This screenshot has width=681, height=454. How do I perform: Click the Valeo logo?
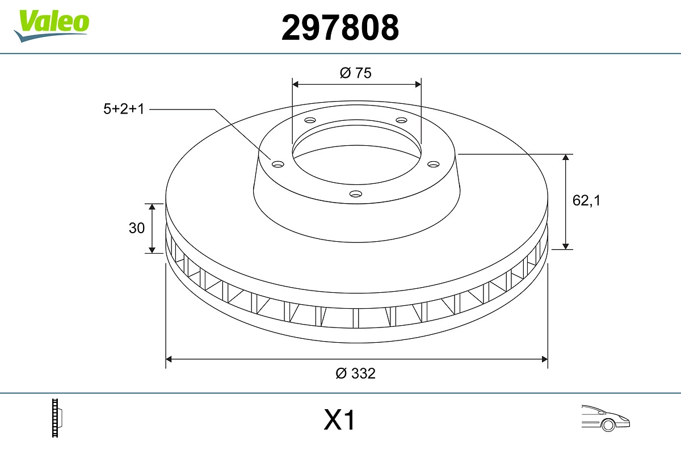click(x=52, y=25)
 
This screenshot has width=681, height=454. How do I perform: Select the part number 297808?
click(x=340, y=28)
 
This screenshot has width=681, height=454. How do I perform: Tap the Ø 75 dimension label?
click(x=356, y=73)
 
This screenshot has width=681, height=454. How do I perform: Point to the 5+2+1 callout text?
click(x=124, y=109)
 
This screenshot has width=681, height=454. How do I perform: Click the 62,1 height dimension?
click(x=586, y=200)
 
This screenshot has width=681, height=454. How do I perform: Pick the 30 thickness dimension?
click(x=137, y=228)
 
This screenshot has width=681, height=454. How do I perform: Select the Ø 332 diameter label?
click(x=356, y=373)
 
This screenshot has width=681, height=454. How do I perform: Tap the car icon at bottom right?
click(x=605, y=418)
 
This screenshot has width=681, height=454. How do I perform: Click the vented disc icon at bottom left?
click(x=57, y=418)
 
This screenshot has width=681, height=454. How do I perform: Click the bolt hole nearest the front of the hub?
click(x=356, y=194)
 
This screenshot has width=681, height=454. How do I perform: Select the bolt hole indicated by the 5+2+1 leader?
click(x=278, y=165)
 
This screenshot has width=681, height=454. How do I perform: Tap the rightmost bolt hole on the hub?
click(x=434, y=164)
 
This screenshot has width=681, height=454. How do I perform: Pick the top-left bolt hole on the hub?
click(x=310, y=120)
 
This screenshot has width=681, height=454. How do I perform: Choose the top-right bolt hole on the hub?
click(x=401, y=120)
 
